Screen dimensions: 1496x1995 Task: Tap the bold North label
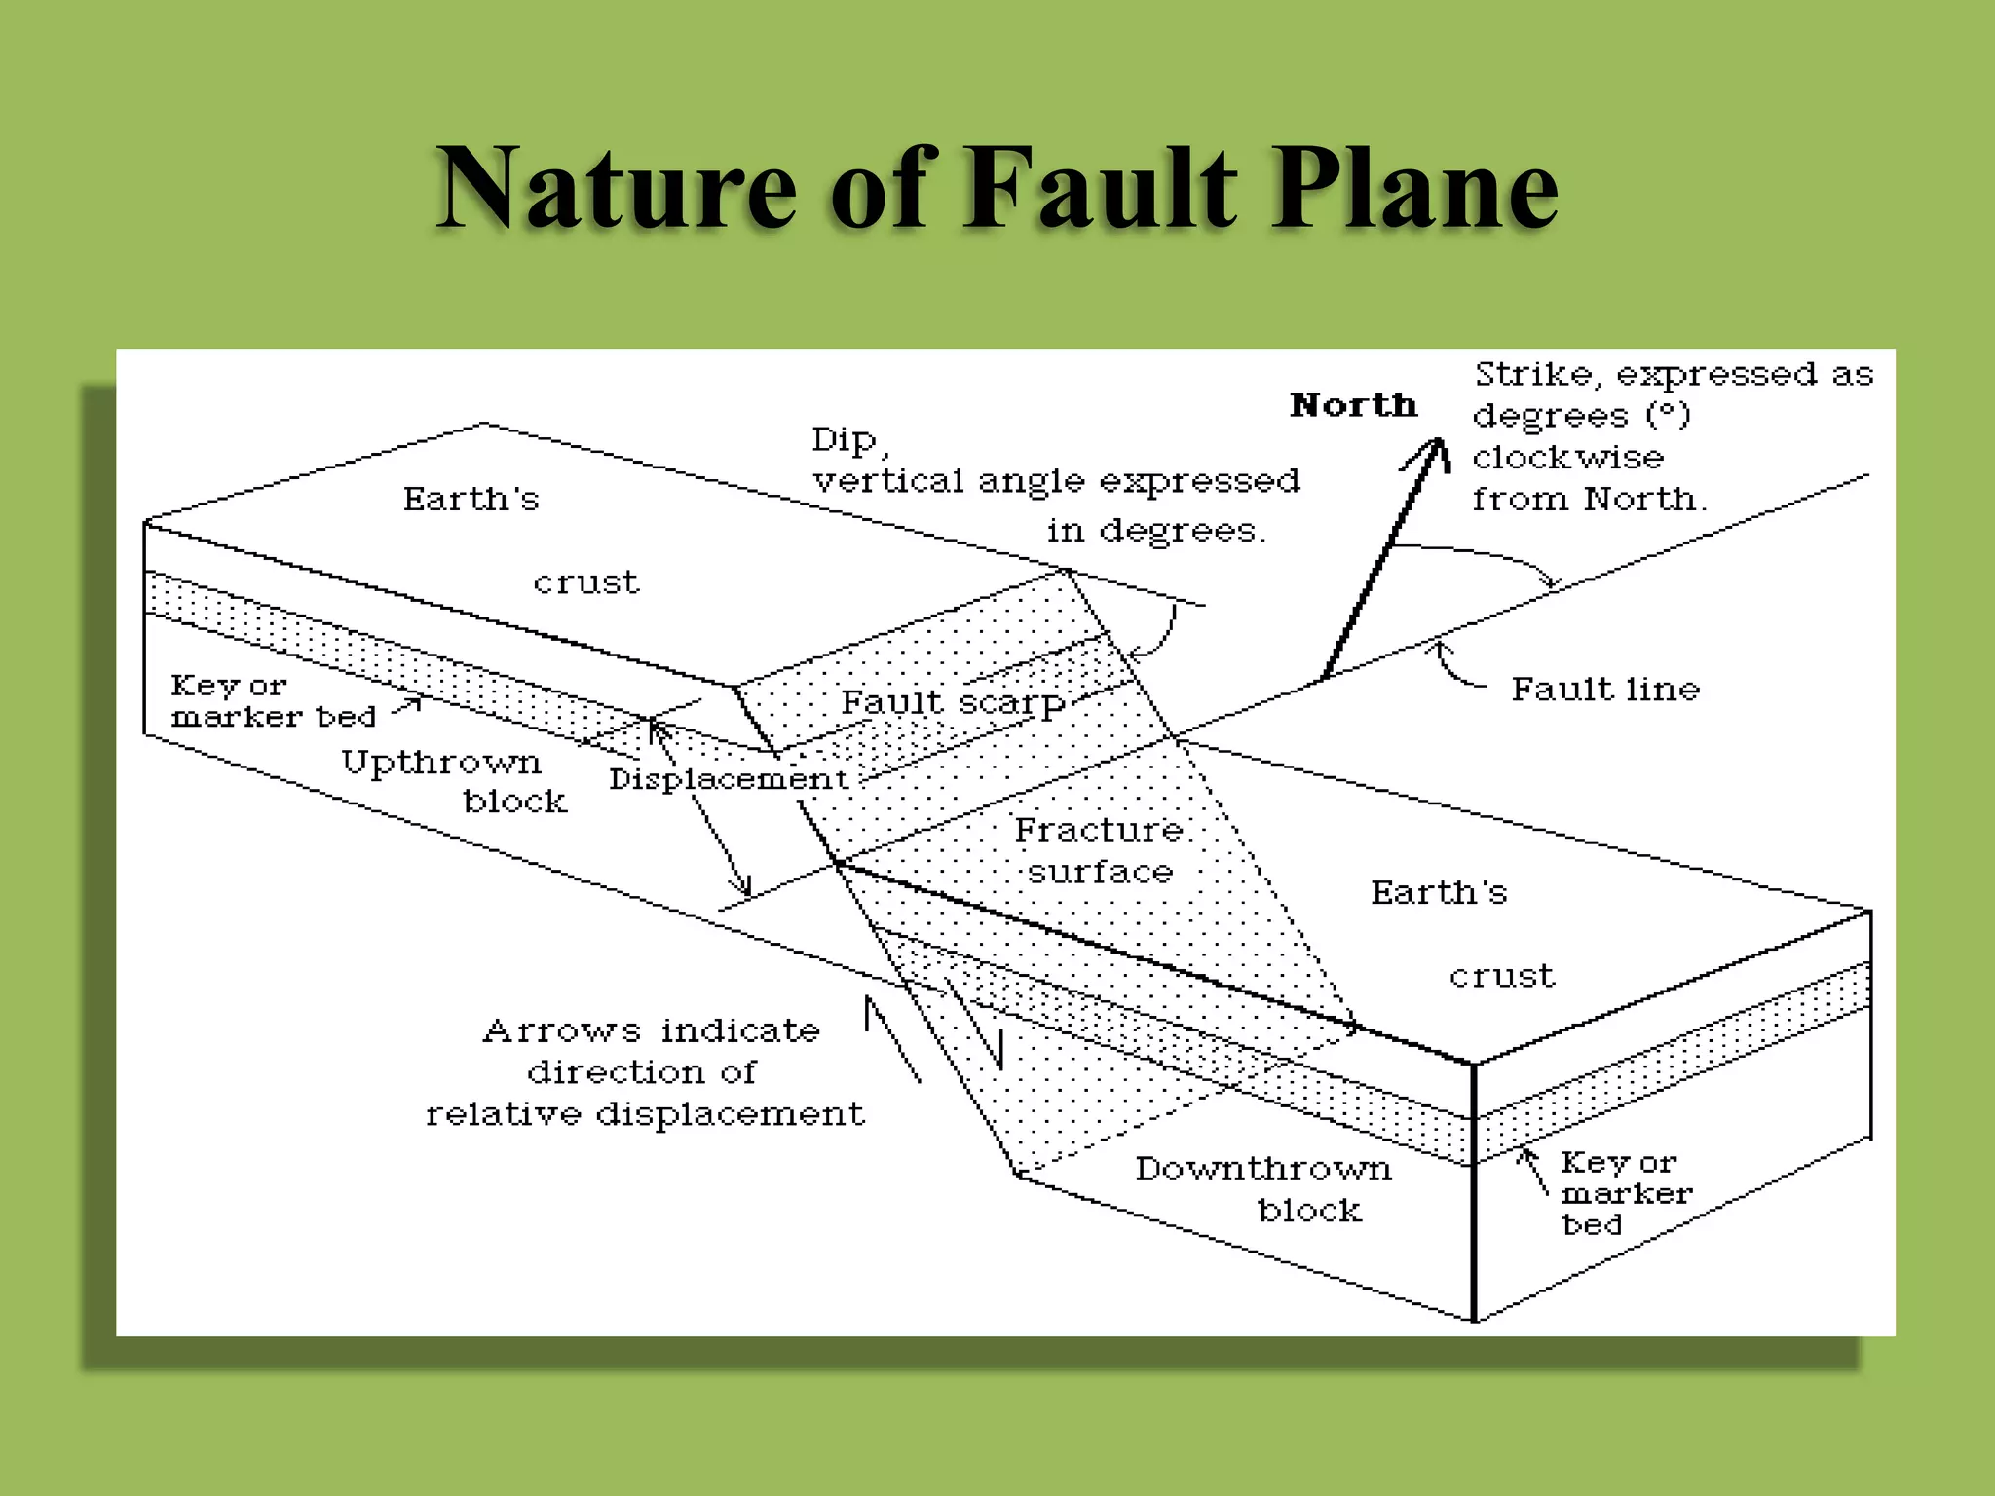(x=1353, y=405)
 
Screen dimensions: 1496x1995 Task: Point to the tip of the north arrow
(x=1437, y=443)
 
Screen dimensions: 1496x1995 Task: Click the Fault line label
(x=1604, y=690)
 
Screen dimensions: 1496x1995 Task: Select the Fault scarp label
(x=953, y=703)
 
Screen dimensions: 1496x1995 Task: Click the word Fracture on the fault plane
(x=1099, y=830)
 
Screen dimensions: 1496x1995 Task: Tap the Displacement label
(x=728, y=779)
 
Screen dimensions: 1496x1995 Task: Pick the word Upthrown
(x=440, y=763)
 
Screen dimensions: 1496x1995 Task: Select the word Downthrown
(x=1262, y=1169)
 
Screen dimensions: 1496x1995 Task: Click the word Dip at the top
(x=844, y=440)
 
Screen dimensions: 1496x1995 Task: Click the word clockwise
(x=1567, y=457)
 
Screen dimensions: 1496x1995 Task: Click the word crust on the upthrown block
(x=585, y=582)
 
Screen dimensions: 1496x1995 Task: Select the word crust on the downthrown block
(x=1501, y=976)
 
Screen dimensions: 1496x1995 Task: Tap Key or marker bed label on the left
(x=272, y=701)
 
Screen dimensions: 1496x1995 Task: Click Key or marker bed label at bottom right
(x=1625, y=1193)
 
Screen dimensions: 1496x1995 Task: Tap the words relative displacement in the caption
(x=644, y=1114)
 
